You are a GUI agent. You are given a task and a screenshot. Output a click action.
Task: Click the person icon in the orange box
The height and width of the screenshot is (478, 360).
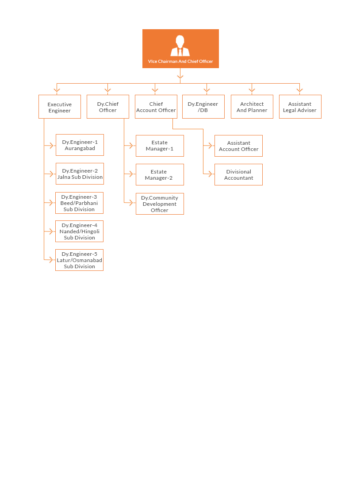click(180, 46)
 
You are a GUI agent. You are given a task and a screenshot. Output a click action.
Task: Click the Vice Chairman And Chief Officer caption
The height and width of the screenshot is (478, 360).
click(180, 61)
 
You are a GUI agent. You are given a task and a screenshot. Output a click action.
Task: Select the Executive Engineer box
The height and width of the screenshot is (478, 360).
click(60, 107)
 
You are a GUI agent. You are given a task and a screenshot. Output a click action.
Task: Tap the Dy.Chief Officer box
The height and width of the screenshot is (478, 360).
click(108, 107)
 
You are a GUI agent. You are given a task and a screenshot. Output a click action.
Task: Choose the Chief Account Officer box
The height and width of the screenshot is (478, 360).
click(156, 107)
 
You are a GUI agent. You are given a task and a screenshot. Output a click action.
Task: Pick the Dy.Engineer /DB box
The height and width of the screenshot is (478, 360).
click(203, 107)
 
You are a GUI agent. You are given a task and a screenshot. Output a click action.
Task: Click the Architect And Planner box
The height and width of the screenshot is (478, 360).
click(252, 107)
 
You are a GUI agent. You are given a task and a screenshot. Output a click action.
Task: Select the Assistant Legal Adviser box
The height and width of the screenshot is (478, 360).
click(300, 107)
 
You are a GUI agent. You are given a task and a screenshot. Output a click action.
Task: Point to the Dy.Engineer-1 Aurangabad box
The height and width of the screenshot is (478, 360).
click(80, 145)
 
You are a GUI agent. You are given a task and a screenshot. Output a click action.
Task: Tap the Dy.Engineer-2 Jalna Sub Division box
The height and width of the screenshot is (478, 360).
click(80, 174)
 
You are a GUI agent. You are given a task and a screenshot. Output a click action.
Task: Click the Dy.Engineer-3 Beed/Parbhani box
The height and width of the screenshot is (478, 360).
click(79, 203)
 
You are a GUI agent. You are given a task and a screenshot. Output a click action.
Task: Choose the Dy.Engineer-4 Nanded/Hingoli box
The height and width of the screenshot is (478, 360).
click(79, 231)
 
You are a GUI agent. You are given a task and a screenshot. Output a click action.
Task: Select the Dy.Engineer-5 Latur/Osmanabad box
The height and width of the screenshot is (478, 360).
click(79, 260)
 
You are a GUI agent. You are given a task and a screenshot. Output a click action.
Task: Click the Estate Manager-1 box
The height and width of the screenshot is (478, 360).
click(160, 146)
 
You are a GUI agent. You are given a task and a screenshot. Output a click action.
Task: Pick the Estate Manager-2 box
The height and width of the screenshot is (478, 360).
click(160, 175)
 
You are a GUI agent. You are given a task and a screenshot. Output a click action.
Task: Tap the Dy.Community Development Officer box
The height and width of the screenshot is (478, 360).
click(160, 204)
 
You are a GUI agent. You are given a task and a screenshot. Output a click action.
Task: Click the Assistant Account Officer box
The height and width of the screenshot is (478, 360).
click(238, 146)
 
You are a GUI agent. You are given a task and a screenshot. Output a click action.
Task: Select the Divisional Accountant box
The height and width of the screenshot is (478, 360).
click(238, 175)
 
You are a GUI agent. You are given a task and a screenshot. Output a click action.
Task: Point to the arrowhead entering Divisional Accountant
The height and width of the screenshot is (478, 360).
click(210, 174)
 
